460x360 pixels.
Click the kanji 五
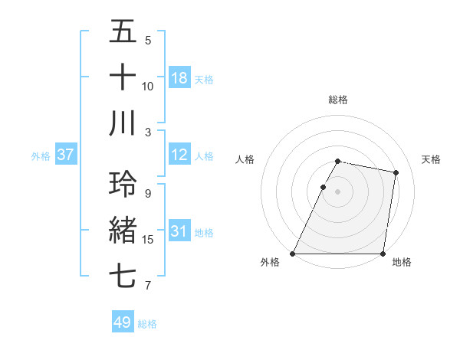pos(123,33)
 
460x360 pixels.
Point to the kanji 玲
pos(123,184)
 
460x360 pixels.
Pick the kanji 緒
pos(123,230)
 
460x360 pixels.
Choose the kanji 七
pos(123,276)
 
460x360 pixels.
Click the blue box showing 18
pos(179,78)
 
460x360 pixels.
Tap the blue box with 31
pos(179,231)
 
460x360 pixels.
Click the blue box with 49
pos(123,322)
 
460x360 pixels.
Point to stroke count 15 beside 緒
pos(148,240)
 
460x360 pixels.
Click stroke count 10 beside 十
pos(148,87)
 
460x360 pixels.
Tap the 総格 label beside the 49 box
pos(147,324)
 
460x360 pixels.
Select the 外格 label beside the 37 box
pos(41,156)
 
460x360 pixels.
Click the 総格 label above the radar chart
pos(338,100)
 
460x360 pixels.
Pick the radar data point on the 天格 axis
pos(396,173)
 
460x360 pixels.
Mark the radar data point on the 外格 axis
pos(293,254)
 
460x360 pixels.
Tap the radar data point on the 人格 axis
pos(323,187)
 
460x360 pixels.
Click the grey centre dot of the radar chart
pos(338,192)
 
